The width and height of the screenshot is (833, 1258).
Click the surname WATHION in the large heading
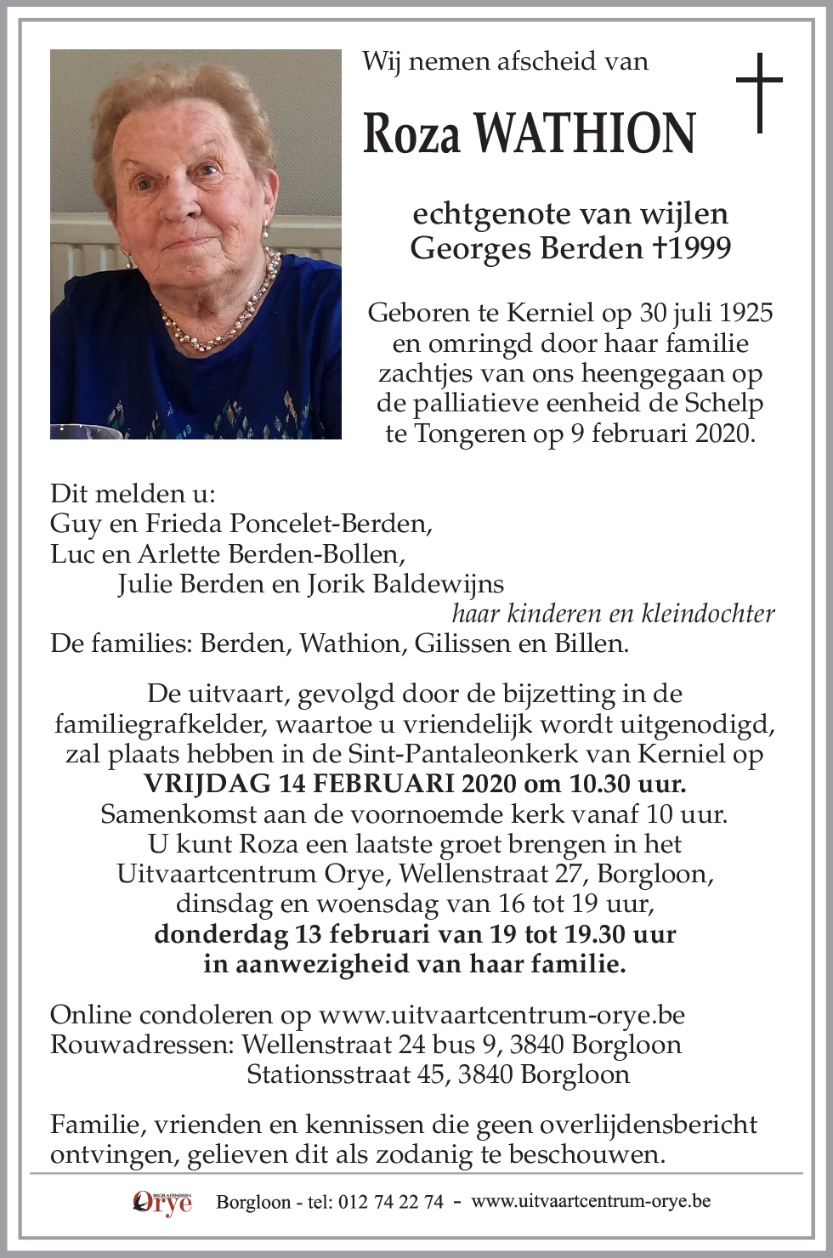(x=585, y=133)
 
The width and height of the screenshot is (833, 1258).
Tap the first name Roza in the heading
(x=412, y=133)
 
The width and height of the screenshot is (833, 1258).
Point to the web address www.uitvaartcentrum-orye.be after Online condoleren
(x=501, y=1015)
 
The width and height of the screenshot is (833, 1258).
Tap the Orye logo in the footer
(x=162, y=1202)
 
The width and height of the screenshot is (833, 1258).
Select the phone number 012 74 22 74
(x=390, y=1202)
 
